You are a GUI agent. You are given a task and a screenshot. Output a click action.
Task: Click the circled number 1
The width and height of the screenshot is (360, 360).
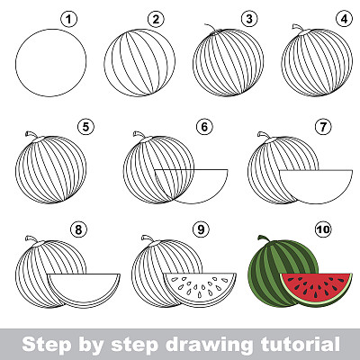click(69, 20)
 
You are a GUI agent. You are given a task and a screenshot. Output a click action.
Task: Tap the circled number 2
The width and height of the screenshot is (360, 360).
click(156, 20)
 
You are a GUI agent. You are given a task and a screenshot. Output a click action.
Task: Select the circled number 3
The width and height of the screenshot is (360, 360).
click(249, 20)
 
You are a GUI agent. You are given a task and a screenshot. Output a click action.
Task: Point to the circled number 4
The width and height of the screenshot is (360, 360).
click(344, 20)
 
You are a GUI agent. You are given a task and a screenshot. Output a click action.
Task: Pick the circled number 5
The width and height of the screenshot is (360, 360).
click(85, 127)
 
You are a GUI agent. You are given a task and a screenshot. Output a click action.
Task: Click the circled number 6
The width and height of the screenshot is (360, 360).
click(204, 127)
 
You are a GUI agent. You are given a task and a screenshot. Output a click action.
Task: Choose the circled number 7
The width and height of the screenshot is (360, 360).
click(323, 127)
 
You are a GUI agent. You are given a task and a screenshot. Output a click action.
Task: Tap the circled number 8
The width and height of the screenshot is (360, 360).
click(78, 229)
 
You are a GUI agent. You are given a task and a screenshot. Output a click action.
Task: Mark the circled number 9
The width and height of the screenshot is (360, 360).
click(201, 229)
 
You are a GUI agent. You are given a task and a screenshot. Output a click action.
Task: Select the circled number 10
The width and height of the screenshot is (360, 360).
click(323, 229)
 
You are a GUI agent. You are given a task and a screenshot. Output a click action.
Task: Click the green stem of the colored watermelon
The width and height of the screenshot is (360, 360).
click(265, 238)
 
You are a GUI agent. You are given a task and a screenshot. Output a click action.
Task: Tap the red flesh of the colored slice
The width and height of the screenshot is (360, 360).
click(316, 285)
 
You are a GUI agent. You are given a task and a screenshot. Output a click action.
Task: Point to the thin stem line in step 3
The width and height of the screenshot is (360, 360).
click(211, 28)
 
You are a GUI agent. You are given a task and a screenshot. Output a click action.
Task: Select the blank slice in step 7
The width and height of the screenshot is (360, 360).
click(316, 186)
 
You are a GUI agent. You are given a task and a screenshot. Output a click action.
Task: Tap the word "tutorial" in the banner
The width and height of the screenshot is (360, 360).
click(300, 344)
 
